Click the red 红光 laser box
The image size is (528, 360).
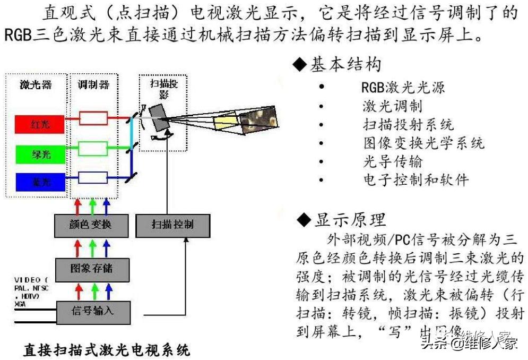(x=40, y=124)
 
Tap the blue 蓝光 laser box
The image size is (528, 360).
(x=40, y=182)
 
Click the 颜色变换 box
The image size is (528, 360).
(x=91, y=225)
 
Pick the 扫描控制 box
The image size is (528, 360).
(x=172, y=225)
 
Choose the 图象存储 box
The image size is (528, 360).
(x=91, y=269)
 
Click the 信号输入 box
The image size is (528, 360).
(x=92, y=312)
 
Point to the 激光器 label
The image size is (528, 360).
(x=36, y=85)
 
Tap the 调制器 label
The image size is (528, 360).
(x=93, y=85)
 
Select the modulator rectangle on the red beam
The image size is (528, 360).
(x=93, y=117)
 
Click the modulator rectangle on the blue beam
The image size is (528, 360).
(x=93, y=176)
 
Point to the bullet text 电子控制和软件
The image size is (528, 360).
(x=416, y=179)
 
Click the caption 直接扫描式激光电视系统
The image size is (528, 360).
(x=106, y=350)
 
